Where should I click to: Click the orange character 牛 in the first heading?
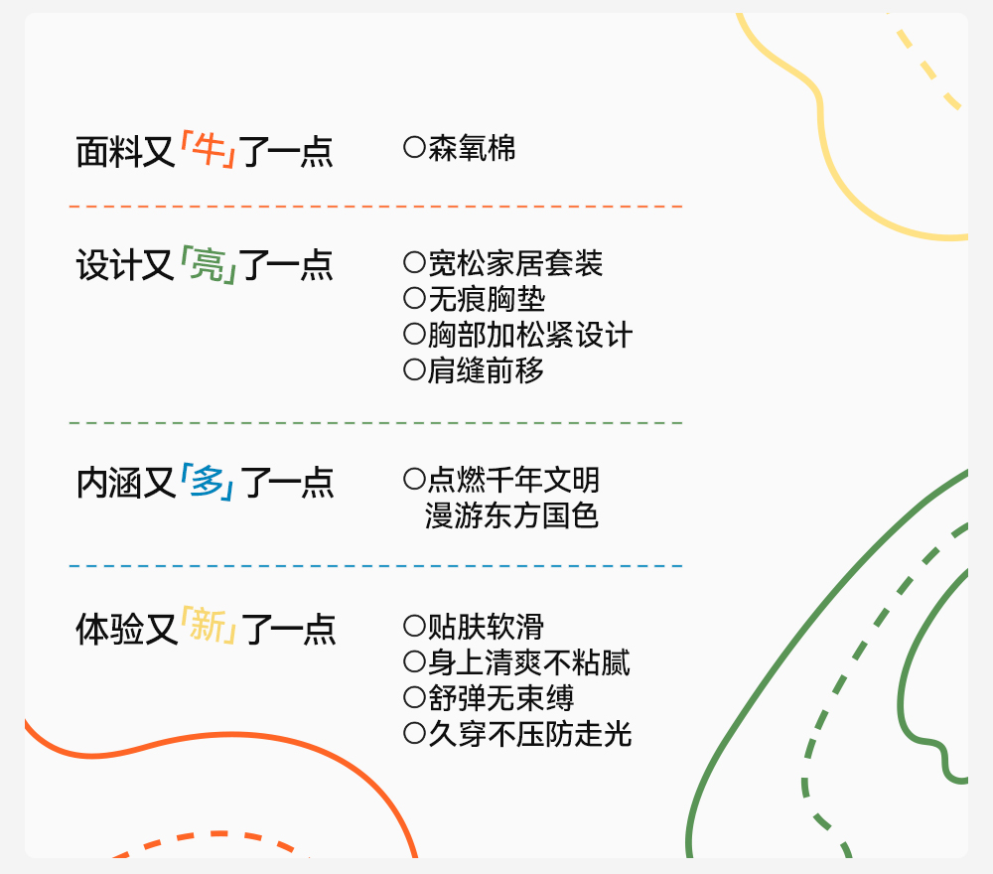click(x=209, y=151)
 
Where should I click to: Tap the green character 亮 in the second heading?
click(x=209, y=265)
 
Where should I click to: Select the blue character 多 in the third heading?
click(x=208, y=482)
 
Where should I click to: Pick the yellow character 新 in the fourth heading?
click(x=209, y=628)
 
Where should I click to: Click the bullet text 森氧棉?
click(x=472, y=149)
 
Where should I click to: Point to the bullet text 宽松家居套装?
click(x=515, y=264)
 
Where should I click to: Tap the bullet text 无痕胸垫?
click(x=487, y=300)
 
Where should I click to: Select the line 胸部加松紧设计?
click(x=530, y=336)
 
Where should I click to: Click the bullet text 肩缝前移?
click(x=487, y=371)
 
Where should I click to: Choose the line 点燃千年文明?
click(x=513, y=481)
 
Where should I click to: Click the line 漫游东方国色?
click(x=512, y=516)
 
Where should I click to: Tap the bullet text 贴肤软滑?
click(x=486, y=628)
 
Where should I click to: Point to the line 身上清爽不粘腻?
click(x=529, y=663)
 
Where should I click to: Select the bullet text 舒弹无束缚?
click(x=500, y=699)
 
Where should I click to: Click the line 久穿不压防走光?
click(x=530, y=735)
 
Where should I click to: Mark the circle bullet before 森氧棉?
click(x=414, y=148)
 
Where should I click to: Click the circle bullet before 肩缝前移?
click(x=414, y=370)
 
